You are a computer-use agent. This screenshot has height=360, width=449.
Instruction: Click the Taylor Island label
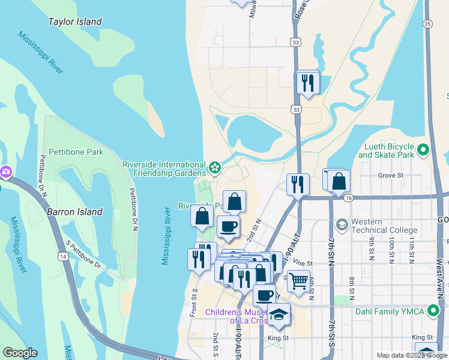click(x=75, y=22)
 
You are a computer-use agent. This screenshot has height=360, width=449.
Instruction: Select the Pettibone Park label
click(x=76, y=152)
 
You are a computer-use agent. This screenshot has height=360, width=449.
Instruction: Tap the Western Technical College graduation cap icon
click(x=342, y=224)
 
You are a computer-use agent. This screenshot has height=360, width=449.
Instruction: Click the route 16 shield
click(x=347, y=197)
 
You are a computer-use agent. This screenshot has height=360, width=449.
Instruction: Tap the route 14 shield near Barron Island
click(x=62, y=256)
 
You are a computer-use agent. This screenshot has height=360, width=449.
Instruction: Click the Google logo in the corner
click(x=20, y=353)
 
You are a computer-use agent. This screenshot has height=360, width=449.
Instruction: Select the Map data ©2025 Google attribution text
click(x=411, y=355)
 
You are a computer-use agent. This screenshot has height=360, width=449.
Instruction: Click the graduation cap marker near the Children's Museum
click(x=279, y=314)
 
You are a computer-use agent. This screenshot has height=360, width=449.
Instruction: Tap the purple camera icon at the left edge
click(x=6, y=172)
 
